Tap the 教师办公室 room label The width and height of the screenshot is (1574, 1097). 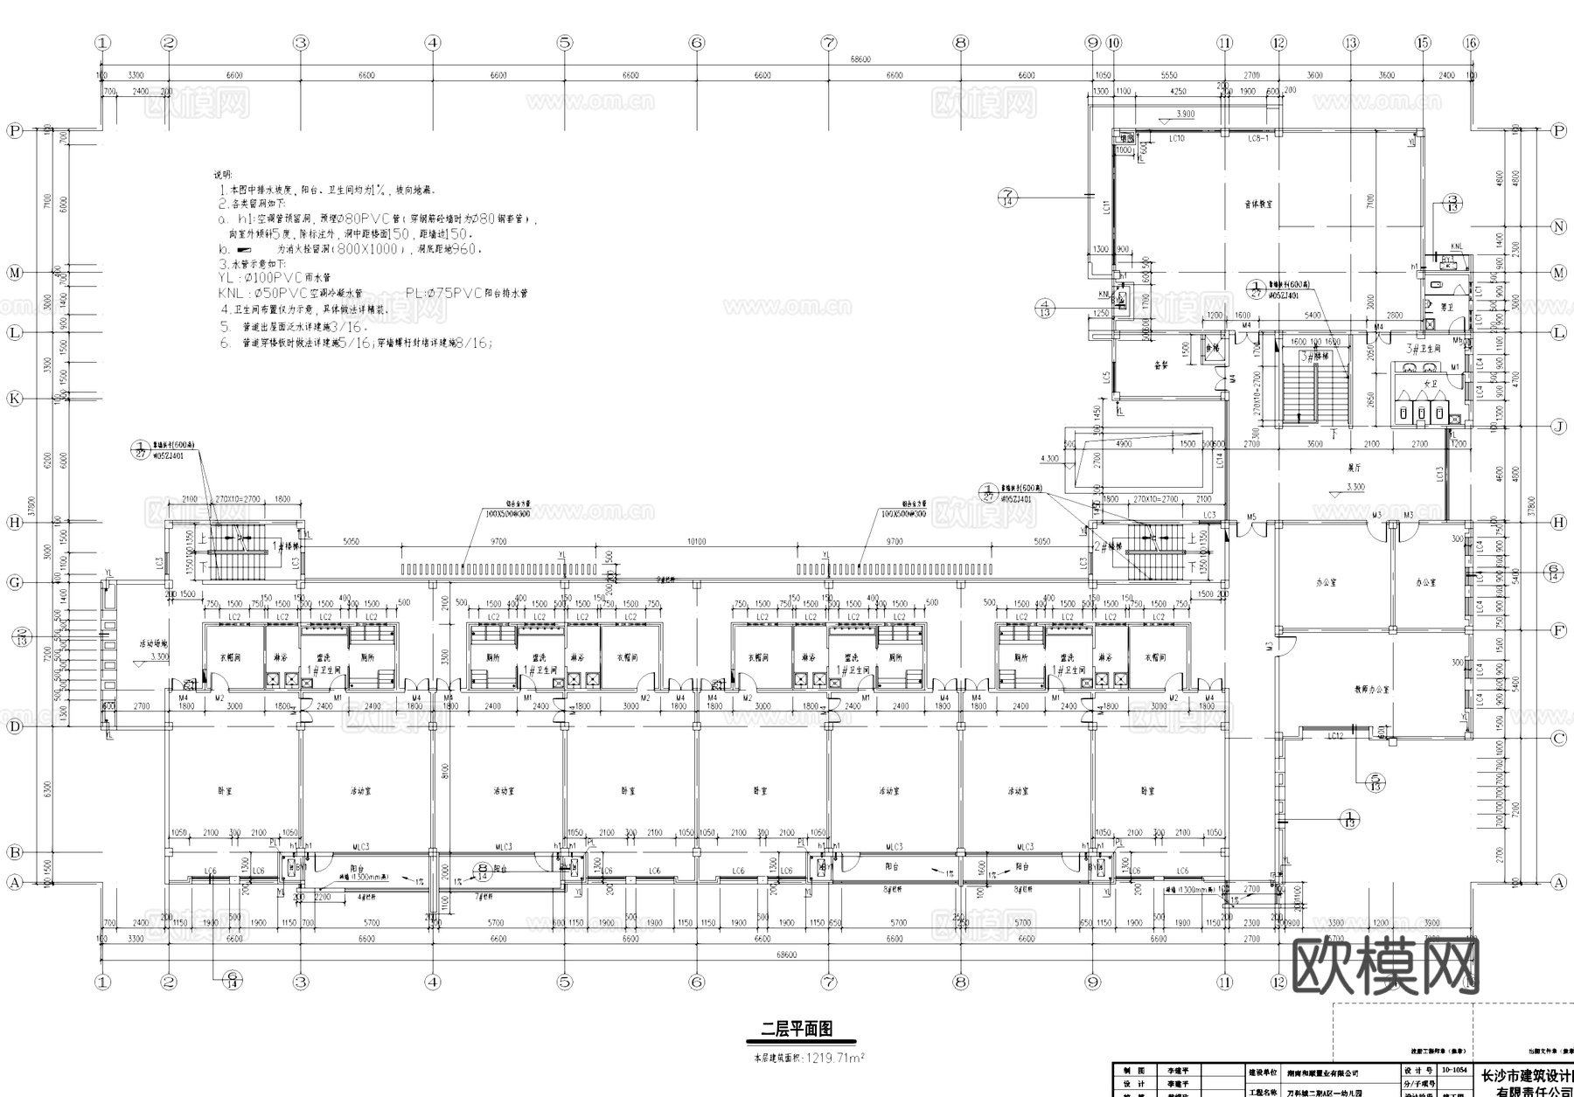(x=1372, y=690)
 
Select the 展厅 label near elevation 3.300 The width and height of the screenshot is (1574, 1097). (x=1355, y=469)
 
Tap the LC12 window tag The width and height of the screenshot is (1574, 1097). (x=1335, y=737)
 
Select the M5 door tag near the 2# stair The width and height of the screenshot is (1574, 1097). (x=1251, y=517)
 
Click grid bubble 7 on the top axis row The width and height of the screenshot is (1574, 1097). (x=828, y=42)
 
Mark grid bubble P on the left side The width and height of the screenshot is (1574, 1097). (x=14, y=130)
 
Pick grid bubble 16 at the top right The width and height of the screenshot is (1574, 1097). (x=1471, y=42)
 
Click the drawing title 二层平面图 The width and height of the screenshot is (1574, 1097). (x=797, y=1029)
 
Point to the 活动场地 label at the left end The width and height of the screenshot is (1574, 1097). (x=153, y=643)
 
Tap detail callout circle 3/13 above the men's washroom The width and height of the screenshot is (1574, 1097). (x=1452, y=204)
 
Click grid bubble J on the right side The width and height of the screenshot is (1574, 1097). (x=1558, y=427)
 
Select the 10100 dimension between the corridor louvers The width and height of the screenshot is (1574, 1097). (x=696, y=542)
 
